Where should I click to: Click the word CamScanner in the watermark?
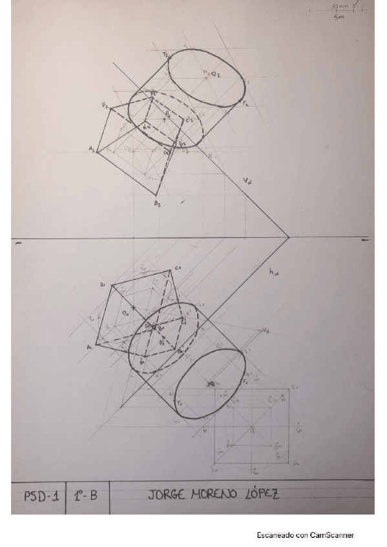click(329, 535)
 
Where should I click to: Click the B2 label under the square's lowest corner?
click(157, 204)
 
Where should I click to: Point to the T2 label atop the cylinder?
click(166, 55)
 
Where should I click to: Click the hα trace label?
click(273, 273)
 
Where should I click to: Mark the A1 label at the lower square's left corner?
click(89, 346)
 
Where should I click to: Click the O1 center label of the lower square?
click(126, 313)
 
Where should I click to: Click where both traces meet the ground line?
click(288, 238)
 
